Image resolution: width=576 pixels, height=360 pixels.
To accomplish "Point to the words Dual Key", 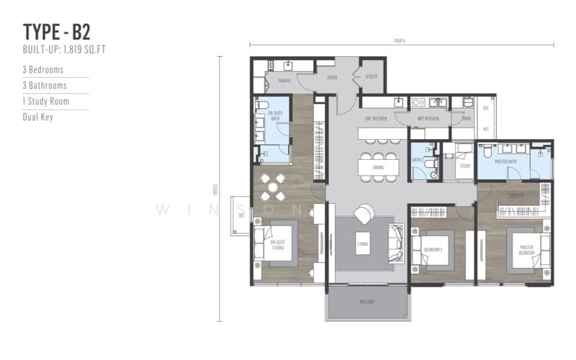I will [38, 117].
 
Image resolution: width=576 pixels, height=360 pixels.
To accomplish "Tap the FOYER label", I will [332, 78].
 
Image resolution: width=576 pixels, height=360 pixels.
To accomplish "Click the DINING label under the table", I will [378, 168].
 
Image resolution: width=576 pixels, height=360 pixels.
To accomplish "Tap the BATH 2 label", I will [417, 160].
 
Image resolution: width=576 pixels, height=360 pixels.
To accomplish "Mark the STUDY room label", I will [464, 166].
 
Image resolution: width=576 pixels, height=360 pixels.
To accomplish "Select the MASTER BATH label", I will [507, 161].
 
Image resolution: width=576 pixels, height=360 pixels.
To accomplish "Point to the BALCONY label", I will [367, 302].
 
